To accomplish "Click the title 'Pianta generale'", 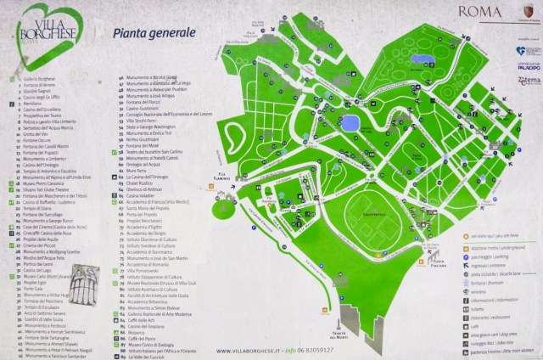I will pyautogui.click(x=154, y=32).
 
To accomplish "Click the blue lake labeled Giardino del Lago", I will pyautogui.click(x=350, y=120).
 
